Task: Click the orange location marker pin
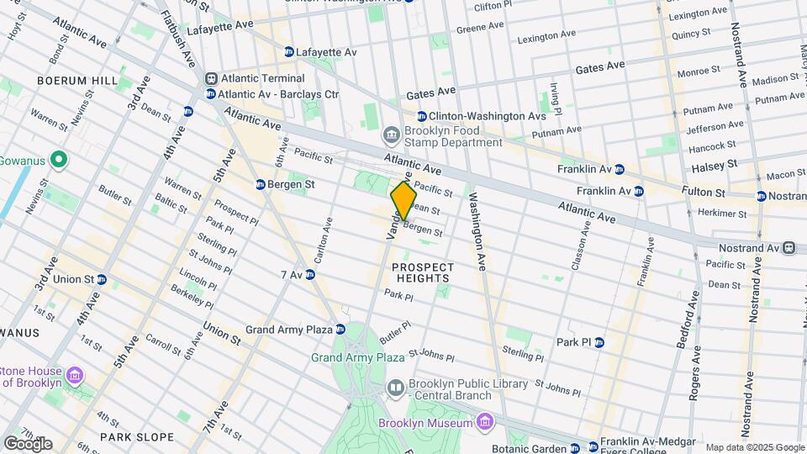pos(403,200)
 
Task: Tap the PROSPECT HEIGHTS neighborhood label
pos(423,274)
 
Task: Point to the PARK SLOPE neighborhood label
pos(137,437)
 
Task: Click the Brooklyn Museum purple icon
pos(483,420)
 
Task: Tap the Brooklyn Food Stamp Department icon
pos(391,135)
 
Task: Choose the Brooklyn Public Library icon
pos(396,387)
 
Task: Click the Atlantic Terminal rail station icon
pos(211,78)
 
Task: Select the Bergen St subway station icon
pos(261,183)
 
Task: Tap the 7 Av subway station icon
pos(310,275)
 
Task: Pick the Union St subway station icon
pos(102,279)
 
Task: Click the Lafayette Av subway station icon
pos(289,52)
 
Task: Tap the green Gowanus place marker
pos(58,159)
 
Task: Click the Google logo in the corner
pos(28,443)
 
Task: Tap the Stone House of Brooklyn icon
pos(76,373)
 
